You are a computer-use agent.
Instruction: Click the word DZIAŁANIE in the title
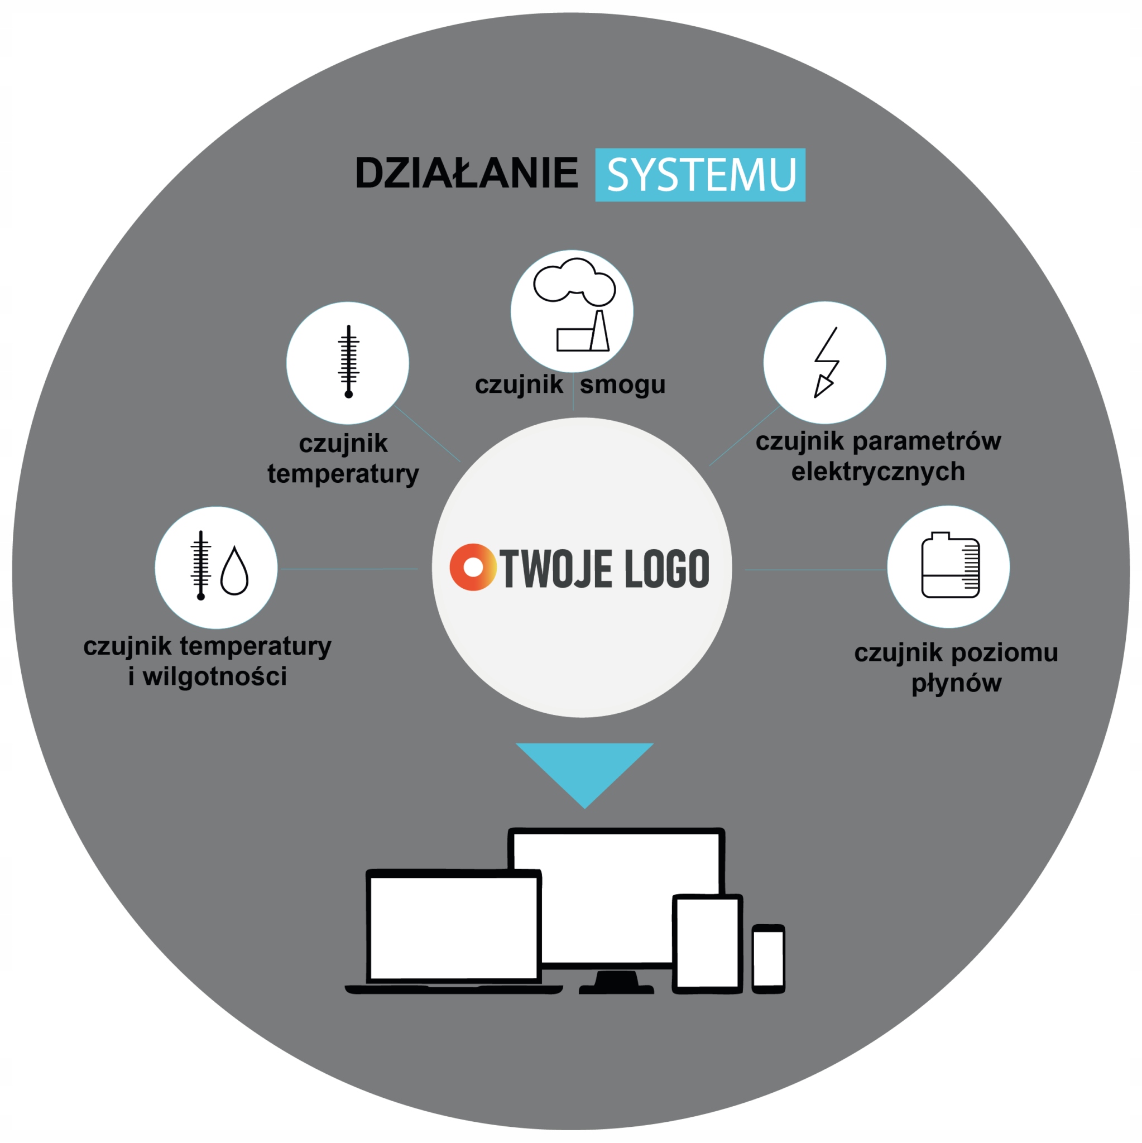pos(466,174)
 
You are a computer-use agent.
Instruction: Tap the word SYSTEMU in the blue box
pos(700,175)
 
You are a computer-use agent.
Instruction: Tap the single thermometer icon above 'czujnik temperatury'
pos(348,361)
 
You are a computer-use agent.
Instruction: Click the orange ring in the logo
pos(473,567)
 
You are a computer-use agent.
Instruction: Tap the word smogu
pos(622,385)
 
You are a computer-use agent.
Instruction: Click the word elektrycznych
pos(878,472)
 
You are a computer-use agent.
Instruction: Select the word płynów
pos(956,683)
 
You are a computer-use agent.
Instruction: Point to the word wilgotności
pos(215,677)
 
